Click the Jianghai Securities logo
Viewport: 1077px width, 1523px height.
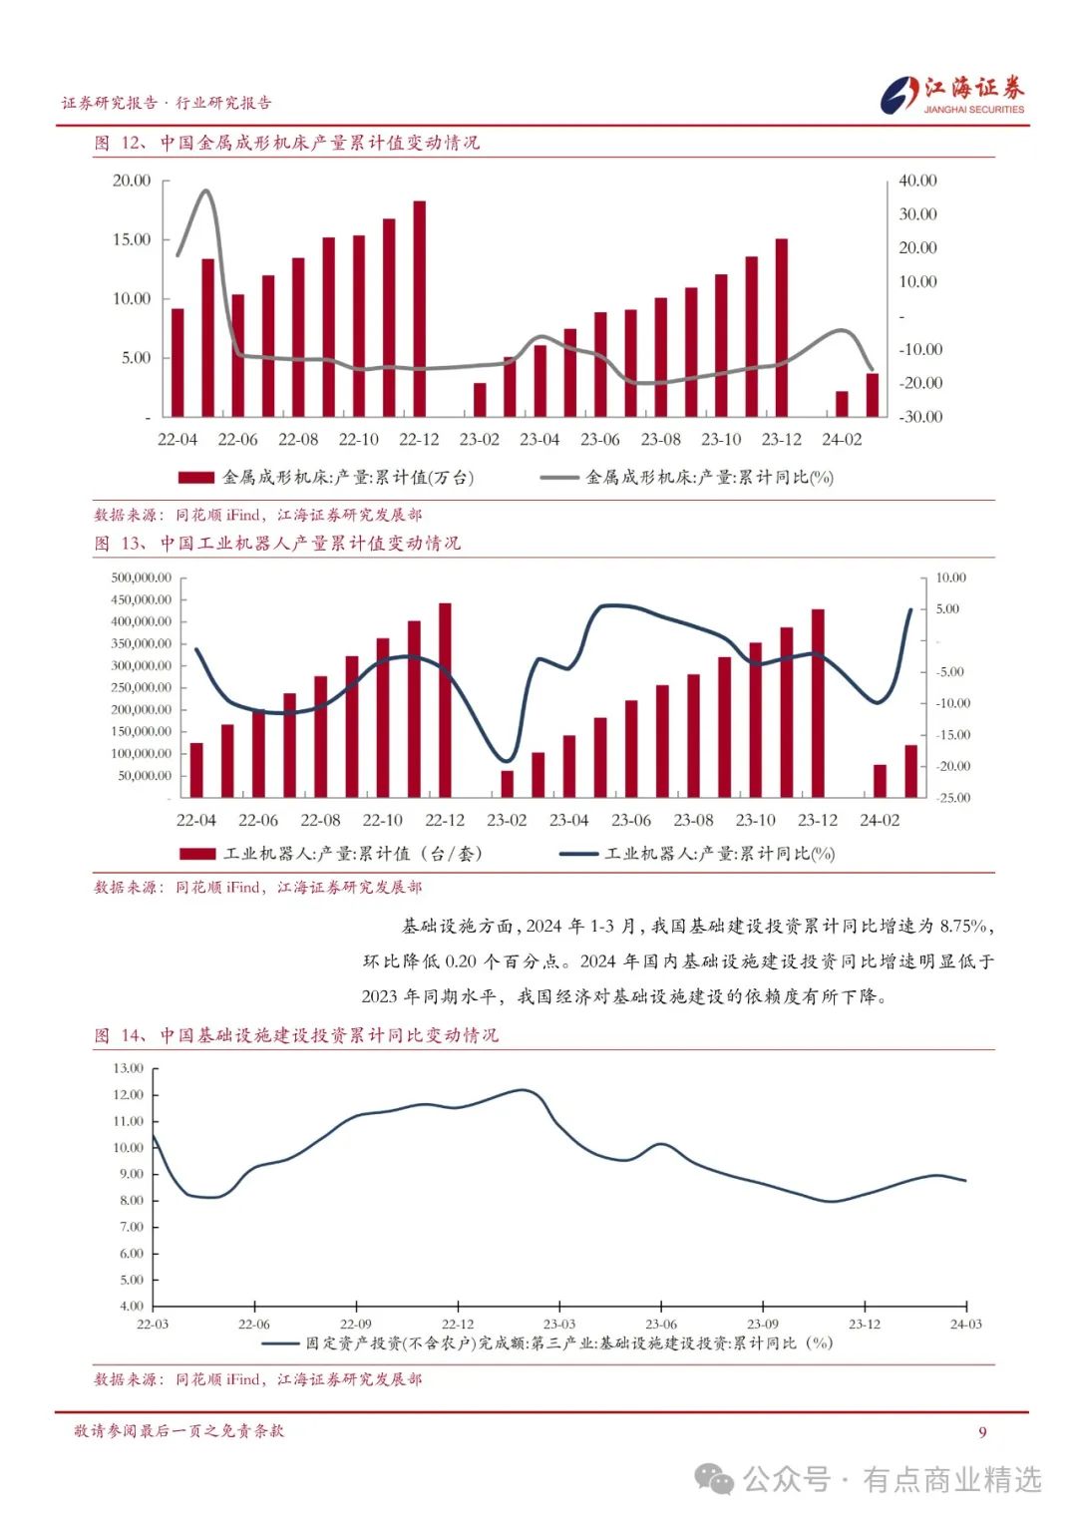[x=952, y=95]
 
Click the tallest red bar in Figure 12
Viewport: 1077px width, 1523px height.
[x=419, y=308]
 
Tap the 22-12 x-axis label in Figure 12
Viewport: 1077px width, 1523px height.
[x=419, y=439]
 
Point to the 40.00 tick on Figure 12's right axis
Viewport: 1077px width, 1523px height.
[x=917, y=181]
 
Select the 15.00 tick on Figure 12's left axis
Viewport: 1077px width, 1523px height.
[x=132, y=239]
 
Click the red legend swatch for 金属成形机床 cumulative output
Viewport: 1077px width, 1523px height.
[x=195, y=478]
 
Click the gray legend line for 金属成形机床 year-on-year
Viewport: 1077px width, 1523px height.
[x=559, y=478]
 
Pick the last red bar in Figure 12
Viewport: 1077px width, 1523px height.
[x=873, y=394]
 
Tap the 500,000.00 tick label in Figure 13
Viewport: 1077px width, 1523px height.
[x=142, y=577]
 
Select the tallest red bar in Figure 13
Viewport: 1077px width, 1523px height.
[x=445, y=699]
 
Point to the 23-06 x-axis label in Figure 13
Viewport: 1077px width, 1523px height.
[x=630, y=820]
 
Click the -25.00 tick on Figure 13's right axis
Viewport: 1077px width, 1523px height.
[x=952, y=798]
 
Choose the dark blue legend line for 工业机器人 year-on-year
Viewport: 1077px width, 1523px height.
[x=578, y=854]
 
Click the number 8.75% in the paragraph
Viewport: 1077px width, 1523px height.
[x=965, y=926]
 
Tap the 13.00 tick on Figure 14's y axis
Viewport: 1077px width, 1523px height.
[x=128, y=1068]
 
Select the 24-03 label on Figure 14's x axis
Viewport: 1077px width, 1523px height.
[x=965, y=1325]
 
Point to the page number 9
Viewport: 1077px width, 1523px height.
[x=982, y=1432]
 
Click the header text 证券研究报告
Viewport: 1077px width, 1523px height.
[x=110, y=103]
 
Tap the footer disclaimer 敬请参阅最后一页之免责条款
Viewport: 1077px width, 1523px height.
[x=179, y=1431]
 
